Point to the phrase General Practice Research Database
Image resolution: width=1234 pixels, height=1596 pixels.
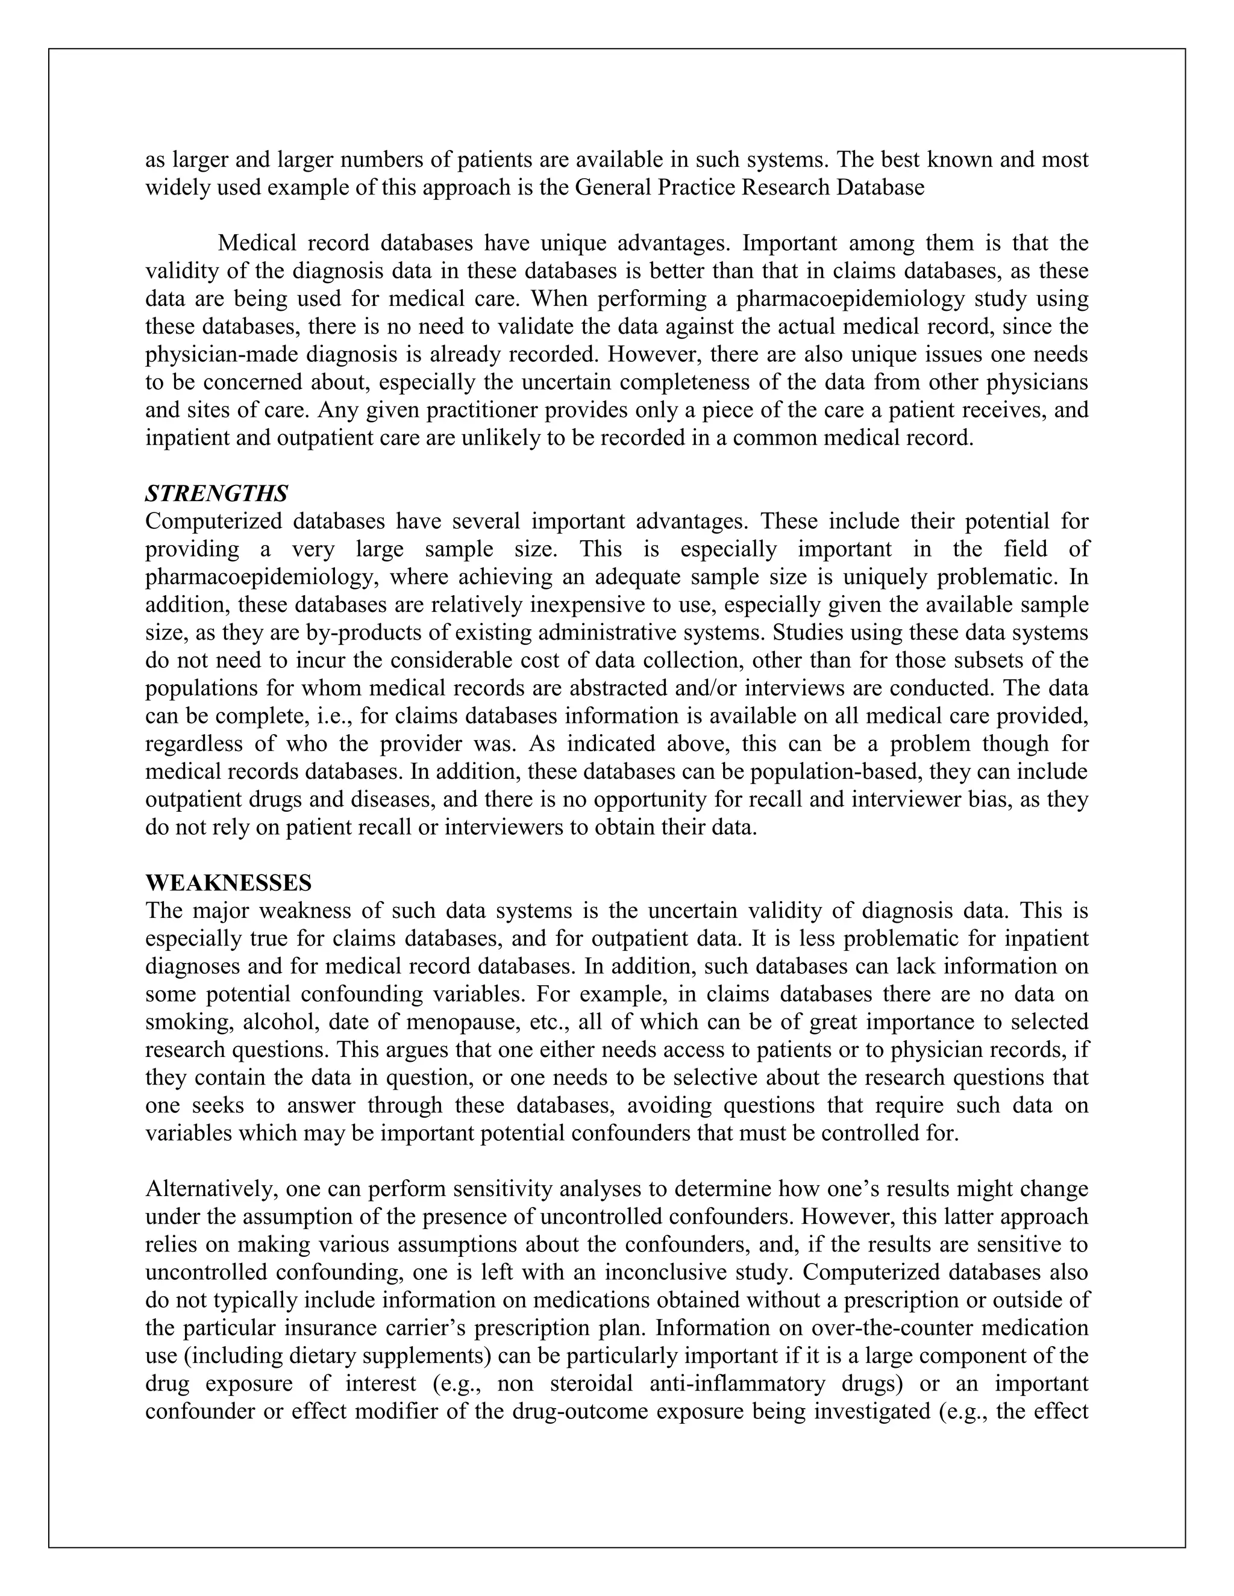pyautogui.click(x=750, y=188)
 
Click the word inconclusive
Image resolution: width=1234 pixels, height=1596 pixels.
pyautogui.click(x=668, y=1272)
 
